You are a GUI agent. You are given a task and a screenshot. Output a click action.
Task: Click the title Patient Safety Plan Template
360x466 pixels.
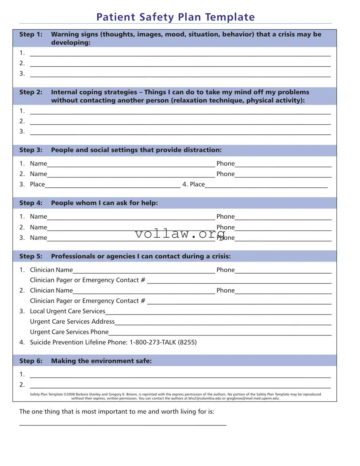pyautogui.click(x=175, y=17)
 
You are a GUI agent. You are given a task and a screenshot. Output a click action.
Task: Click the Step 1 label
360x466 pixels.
pyautogui.click(x=31, y=34)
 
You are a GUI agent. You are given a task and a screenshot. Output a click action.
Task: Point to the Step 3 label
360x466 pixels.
pyautogui.click(x=31, y=150)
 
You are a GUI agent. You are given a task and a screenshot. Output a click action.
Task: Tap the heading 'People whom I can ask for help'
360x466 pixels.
pyautogui.click(x=104, y=203)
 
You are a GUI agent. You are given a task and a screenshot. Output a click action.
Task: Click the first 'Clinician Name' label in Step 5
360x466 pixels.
pyautogui.click(x=51, y=270)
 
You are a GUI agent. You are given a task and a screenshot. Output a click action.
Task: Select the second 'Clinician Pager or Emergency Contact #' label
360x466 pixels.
pyautogui.click(x=87, y=301)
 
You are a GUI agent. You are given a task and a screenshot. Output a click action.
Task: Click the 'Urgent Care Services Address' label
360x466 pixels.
pyautogui.click(x=72, y=321)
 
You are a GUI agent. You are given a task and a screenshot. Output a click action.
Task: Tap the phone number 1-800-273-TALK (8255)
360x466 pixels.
pyautogui.click(x=163, y=342)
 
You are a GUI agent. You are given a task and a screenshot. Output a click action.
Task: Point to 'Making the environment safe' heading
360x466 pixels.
pyautogui.click(x=101, y=361)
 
